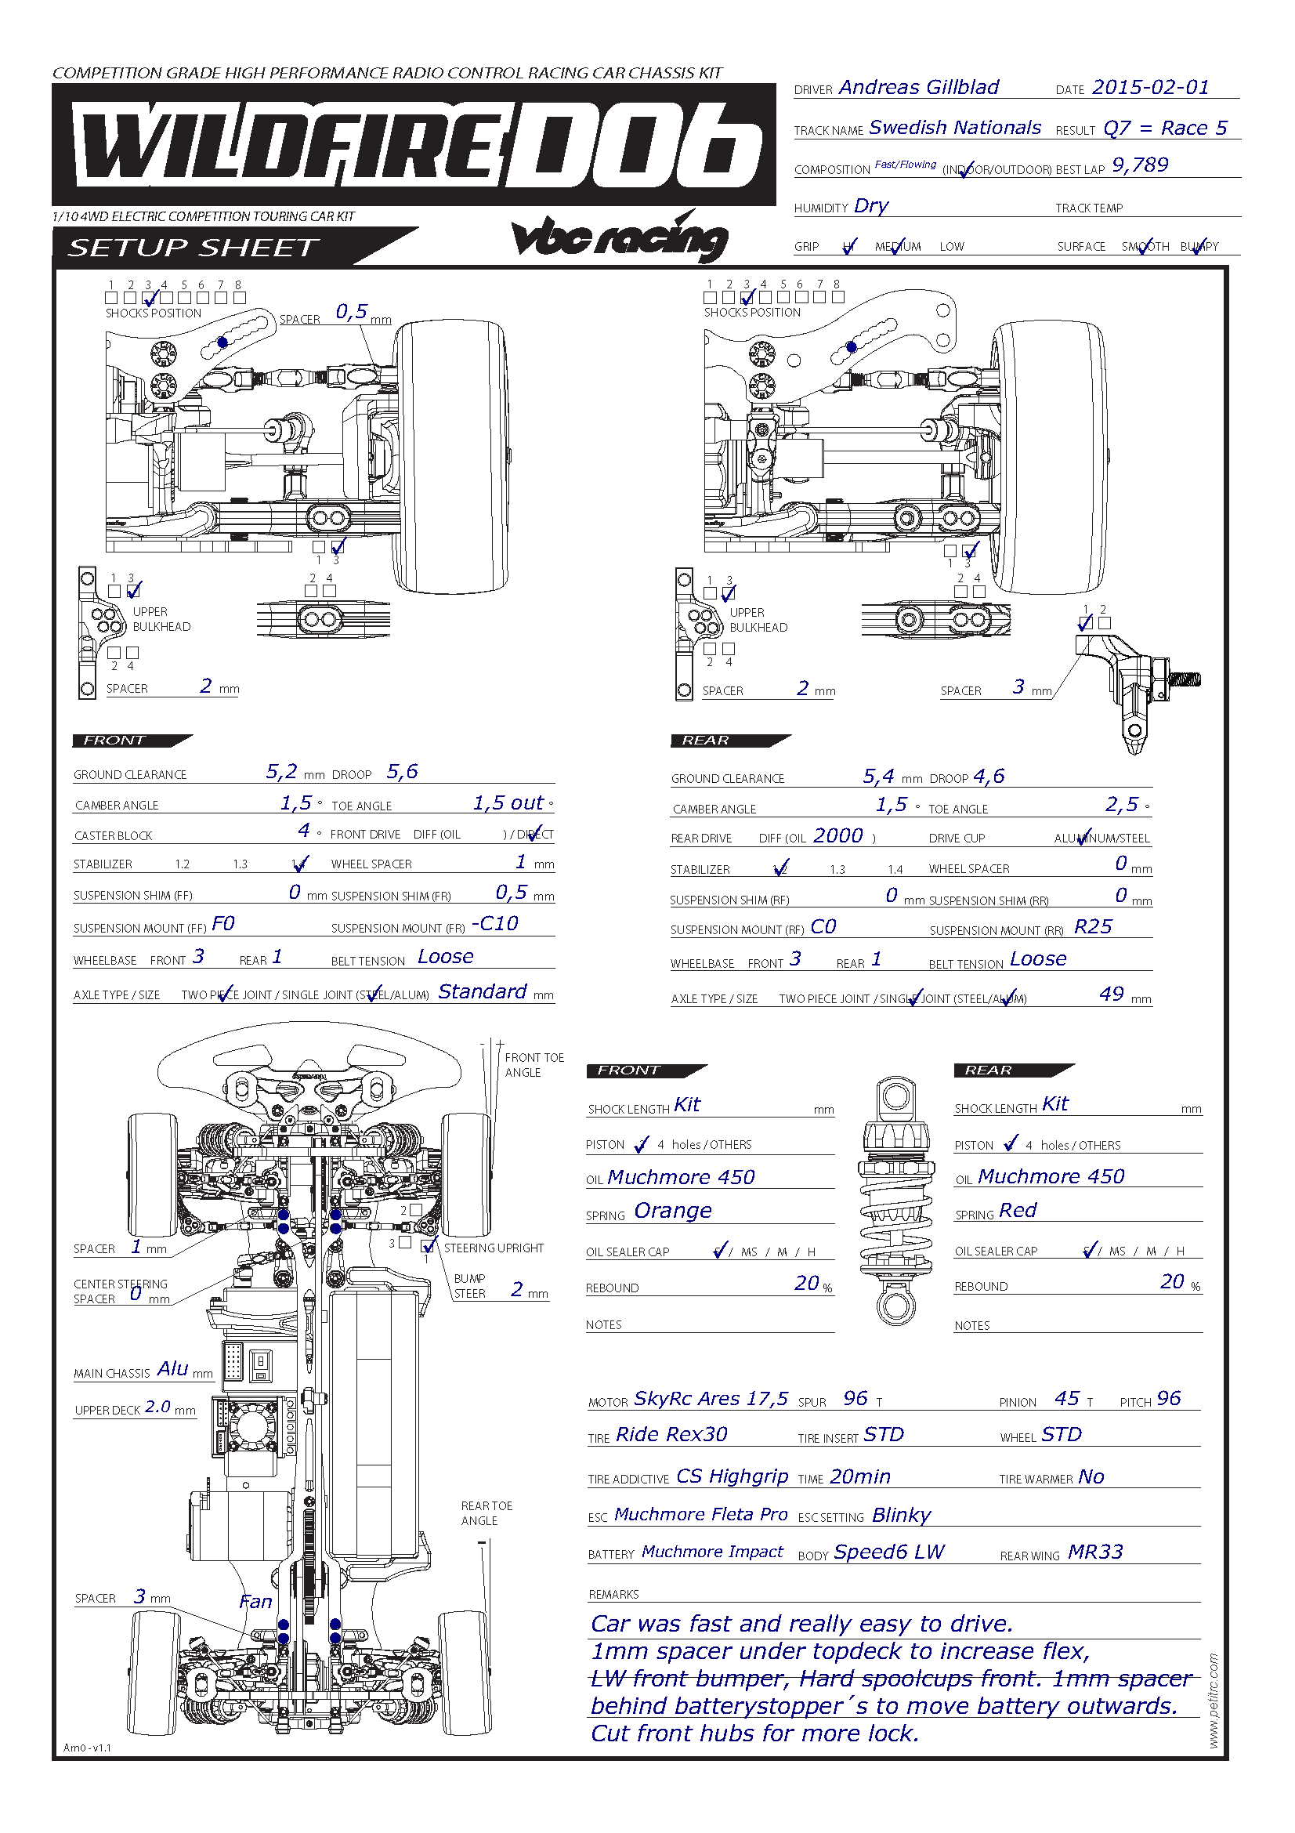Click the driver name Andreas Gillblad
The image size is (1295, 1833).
pos(917,87)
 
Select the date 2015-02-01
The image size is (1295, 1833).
pos(1150,87)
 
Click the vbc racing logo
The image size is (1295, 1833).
pos(619,237)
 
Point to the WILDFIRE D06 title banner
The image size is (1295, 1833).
pos(414,144)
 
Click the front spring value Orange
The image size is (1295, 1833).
pos(673,1211)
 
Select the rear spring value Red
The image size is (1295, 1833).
pos(1018,1210)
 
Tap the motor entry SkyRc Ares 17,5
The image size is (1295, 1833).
pos(710,1399)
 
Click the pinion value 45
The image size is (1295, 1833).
pos(1067,1398)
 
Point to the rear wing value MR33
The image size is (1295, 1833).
pos(1094,1552)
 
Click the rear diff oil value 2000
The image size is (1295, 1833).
pos(837,835)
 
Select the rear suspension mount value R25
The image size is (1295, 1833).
pos(1092,926)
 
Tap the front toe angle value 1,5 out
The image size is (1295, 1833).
pos(508,802)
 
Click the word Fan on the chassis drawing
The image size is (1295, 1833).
pos(255,1602)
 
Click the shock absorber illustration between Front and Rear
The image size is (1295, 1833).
pos(895,1201)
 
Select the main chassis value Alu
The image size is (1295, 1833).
pos(172,1368)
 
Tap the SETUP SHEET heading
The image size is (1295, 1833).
pos(193,248)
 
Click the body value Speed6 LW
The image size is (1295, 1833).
pos(888,1552)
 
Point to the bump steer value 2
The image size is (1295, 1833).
pos(517,1289)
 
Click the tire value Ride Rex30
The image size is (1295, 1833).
pos(671,1435)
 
